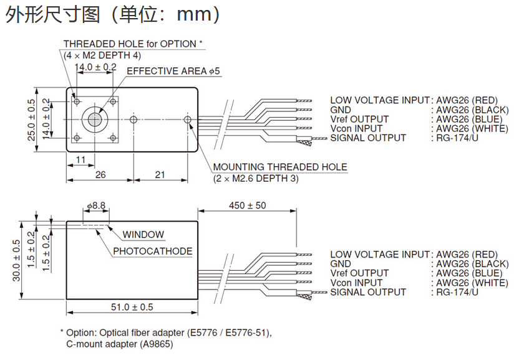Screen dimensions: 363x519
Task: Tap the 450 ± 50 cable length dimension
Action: coord(247,205)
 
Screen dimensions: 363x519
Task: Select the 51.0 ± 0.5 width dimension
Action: coord(132,307)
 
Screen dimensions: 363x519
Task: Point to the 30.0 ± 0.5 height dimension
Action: coord(16,261)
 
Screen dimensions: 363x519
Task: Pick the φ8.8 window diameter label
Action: coord(96,205)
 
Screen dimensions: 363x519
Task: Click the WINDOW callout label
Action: coord(143,235)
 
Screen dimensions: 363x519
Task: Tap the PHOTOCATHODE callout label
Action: coord(152,252)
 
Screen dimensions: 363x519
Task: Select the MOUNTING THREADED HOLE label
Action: coord(280,167)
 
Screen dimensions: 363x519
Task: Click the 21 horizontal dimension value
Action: coord(160,175)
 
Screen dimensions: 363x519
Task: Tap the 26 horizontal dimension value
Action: coord(100,175)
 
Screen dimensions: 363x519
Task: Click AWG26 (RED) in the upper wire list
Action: coord(467,100)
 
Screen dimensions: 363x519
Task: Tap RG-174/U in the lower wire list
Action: coord(458,292)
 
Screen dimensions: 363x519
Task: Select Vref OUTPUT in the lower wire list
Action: coord(359,273)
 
